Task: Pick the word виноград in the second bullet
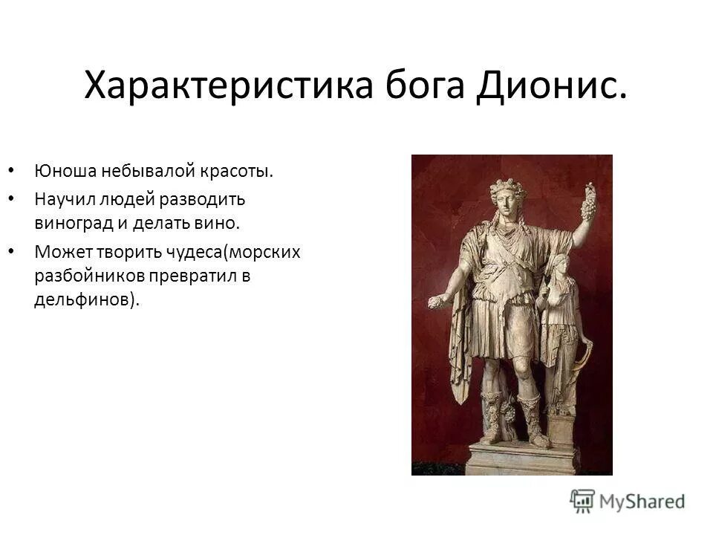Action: tap(68, 221)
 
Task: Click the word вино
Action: tap(221, 221)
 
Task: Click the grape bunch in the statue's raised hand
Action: tap(588, 201)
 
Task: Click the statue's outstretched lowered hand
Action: tap(435, 302)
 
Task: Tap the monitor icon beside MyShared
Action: tap(583, 500)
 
